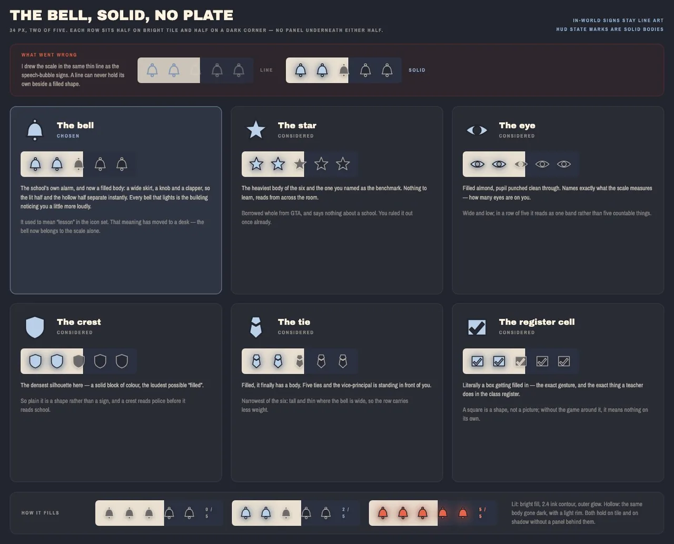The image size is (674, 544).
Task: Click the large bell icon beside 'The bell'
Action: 35,130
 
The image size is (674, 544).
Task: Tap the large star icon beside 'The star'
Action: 256,130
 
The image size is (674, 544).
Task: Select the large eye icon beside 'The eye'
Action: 477,130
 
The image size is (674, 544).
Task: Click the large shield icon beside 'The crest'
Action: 35,327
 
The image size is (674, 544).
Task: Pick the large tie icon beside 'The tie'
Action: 256,327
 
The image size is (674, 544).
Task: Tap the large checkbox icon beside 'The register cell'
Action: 477,327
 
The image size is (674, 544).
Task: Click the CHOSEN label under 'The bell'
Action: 68,136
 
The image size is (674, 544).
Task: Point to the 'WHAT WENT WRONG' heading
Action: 49,55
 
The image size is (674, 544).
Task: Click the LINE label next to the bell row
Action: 266,70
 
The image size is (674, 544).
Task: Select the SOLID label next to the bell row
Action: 417,70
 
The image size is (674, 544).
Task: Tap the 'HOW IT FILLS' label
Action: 40,513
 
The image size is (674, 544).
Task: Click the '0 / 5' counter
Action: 209,513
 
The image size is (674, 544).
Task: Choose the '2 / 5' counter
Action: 345,513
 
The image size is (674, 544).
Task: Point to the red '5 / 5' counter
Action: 482,513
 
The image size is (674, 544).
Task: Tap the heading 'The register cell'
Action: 537,322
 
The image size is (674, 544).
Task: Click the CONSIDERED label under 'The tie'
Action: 295,332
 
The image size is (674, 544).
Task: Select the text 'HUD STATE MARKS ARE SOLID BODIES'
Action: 610,29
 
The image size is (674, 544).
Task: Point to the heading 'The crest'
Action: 79,322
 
